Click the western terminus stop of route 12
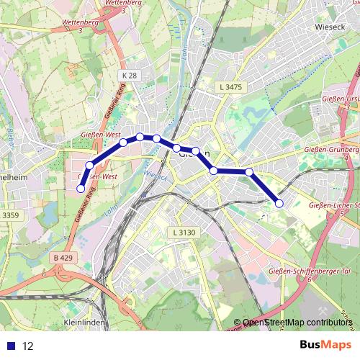tap(80, 189)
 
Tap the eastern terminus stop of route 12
tap(279, 203)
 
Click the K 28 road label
tap(129, 75)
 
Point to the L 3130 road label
tap(184, 232)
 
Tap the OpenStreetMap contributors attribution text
tap(297, 323)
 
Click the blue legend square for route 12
tap(12, 346)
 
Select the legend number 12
tap(28, 346)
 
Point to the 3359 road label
tap(10, 215)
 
